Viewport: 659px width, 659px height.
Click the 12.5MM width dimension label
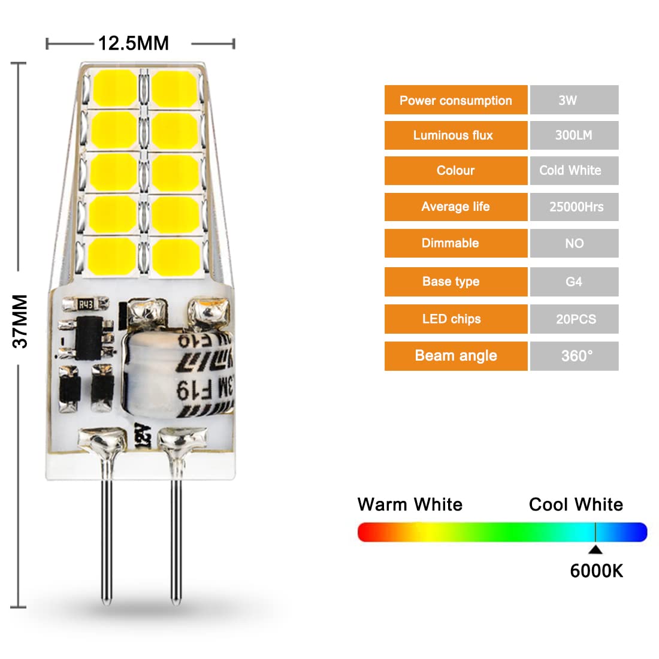click(x=133, y=43)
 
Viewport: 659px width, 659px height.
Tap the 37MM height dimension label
click(x=20, y=321)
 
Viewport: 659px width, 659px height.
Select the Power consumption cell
click(x=456, y=100)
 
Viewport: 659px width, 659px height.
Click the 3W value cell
click(x=574, y=100)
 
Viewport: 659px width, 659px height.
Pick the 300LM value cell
click(x=574, y=135)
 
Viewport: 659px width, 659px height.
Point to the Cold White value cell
click(x=574, y=171)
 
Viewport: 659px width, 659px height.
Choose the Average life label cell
click(x=456, y=207)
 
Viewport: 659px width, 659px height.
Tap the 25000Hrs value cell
click(x=574, y=207)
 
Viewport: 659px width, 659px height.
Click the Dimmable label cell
click(x=456, y=243)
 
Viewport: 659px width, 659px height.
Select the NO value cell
click(x=574, y=243)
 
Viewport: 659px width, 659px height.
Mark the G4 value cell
click(x=574, y=282)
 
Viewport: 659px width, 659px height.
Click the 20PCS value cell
click(x=574, y=319)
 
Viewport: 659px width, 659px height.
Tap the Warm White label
click(x=410, y=504)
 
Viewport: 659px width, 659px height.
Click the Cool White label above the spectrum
click(x=576, y=504)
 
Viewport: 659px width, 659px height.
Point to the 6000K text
click(x=596, y=571)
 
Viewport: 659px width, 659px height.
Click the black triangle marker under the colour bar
click(x=595, y=549)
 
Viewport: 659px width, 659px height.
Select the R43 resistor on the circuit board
click(x=86, y=305)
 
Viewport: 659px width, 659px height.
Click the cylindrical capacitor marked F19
click(x=180, y=374)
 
